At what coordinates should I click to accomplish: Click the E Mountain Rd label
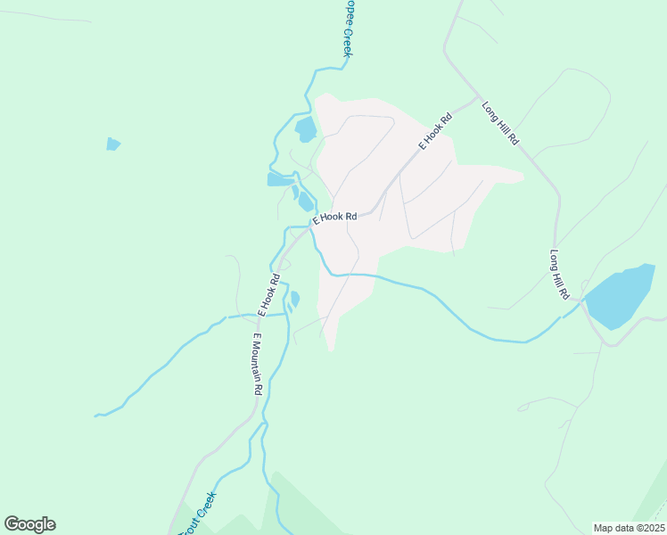click(x=257, y=364)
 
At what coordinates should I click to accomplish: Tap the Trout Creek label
click(x=198, y=514)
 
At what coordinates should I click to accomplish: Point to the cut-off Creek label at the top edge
click(x=347, y=29)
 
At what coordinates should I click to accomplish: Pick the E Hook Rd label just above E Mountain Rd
click(x=268, y=294)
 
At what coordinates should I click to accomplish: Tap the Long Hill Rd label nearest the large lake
click(x=559, y=274)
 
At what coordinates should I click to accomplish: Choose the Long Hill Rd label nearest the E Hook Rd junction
click(x=500, y=124)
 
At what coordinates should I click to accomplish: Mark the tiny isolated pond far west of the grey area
click(x=112, y=144)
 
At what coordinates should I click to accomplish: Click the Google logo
click(x=29, y=524)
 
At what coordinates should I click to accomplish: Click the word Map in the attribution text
click(x=604, y=528)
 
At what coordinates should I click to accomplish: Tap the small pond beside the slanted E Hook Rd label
click(x=294, y=299)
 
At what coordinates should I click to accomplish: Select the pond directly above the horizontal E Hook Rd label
click(x=306, y=202)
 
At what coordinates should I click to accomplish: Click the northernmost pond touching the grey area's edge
click(x=305, y=130)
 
